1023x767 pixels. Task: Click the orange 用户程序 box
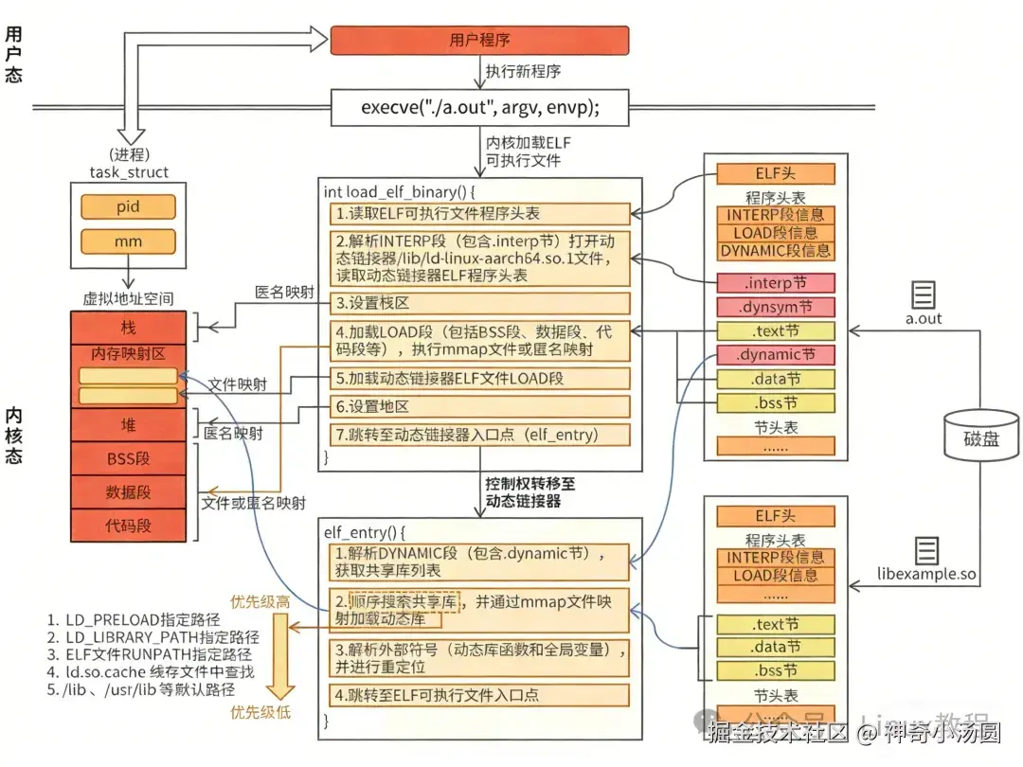coord(479,41)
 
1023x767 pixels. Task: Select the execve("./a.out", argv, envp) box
coord(479,107)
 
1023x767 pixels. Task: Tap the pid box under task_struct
coord(128,206)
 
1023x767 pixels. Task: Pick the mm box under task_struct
coord(128,241)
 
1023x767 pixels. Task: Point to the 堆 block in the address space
coord(128,424)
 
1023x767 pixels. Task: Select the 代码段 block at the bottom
coord(128,525)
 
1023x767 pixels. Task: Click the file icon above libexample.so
coord(925,550)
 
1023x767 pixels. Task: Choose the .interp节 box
coord(776,283)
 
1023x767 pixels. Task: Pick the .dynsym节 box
coord(776,307)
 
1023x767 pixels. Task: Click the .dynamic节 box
coord(776,355)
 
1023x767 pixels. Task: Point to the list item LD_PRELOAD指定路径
coord(133,620)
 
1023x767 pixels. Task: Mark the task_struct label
coord(129,172)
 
